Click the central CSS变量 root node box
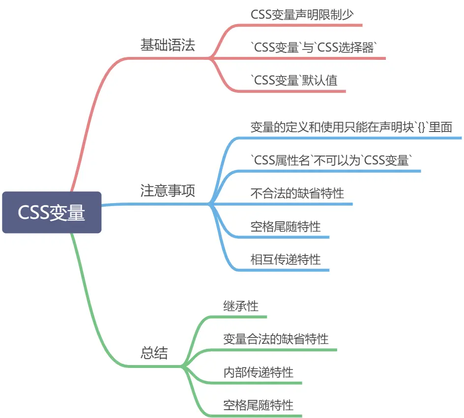[x=52, y=212]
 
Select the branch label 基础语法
[x=168, y=45]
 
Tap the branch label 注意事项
[x=168, y=191]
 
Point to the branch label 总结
[x=154, y=353]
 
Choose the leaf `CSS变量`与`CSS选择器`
[x=314, y=47]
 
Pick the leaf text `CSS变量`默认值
[x=294, y=80]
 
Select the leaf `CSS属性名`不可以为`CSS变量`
[x=330, y=160]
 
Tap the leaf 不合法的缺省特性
[x=297, y=193]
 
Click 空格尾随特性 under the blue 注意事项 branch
[x=286, y=226]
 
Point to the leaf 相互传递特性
[x=286, y=259]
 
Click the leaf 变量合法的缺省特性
[x=276, y=339]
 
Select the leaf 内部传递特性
[x=258, y=372]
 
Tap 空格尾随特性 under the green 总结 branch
[x=258, y=405]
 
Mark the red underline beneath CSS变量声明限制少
[x=305, y=25]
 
